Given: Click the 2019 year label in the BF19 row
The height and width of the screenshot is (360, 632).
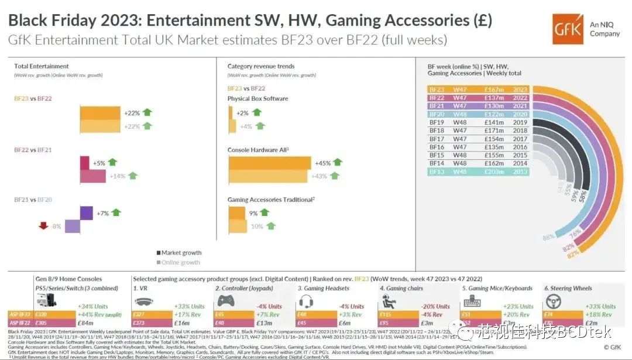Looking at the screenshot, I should click(x=520, y=123).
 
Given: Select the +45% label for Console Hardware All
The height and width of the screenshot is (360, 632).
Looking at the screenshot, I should click(x=324, y=163).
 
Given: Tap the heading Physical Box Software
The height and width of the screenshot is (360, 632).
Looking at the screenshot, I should click(x=257, y=98).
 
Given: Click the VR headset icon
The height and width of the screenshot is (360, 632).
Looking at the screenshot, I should click(x=145, y=303).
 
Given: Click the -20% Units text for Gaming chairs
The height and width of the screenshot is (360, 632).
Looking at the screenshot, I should click(x=434, y=306).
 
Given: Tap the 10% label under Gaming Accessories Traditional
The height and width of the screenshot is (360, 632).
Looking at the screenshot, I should click(x=257, y=226).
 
